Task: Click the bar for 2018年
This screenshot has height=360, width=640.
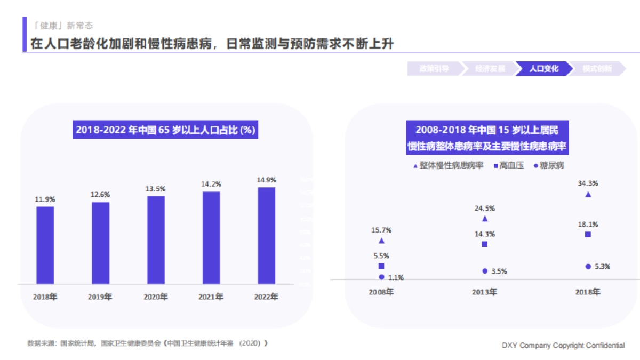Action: (45, 245)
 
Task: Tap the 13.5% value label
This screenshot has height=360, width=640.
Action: (156, 189)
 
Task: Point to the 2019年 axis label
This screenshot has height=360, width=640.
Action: (100, 297)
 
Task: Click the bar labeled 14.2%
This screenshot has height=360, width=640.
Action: (211, 238)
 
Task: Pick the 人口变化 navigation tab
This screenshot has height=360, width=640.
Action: (543, 69)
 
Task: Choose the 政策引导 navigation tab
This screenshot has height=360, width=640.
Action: (434, 69)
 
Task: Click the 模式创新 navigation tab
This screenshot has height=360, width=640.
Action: (597, 69)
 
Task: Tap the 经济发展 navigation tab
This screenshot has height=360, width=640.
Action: (490, 69)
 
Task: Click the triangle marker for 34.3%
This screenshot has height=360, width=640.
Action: (588, 195)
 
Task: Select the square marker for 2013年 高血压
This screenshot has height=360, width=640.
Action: (485, 244)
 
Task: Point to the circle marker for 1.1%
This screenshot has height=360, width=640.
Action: (381, 277)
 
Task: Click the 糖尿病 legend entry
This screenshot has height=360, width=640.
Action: (549, 166)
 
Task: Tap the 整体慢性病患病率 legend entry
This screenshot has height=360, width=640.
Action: (448, 166)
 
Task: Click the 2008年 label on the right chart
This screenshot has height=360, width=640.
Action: (381, 292)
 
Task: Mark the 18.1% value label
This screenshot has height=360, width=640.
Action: (588, 225)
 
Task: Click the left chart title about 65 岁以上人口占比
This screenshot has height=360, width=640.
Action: (165, 130)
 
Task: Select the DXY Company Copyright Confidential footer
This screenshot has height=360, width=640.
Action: (563, 346)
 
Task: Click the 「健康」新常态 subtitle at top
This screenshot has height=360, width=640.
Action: (63, 25)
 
